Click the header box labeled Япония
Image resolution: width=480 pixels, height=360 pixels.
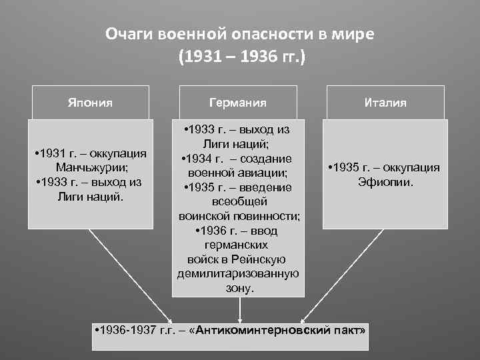pos(90,103)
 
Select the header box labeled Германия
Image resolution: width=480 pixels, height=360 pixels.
pos(237,103)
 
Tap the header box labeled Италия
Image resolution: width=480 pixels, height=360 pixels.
pos(385,103)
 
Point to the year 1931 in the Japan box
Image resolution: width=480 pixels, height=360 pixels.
pos(53,154)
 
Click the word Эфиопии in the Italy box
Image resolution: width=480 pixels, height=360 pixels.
pos(385,181)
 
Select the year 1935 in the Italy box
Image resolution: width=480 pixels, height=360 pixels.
pos(348,167)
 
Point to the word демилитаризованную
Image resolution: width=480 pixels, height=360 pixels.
pos(238,274)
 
